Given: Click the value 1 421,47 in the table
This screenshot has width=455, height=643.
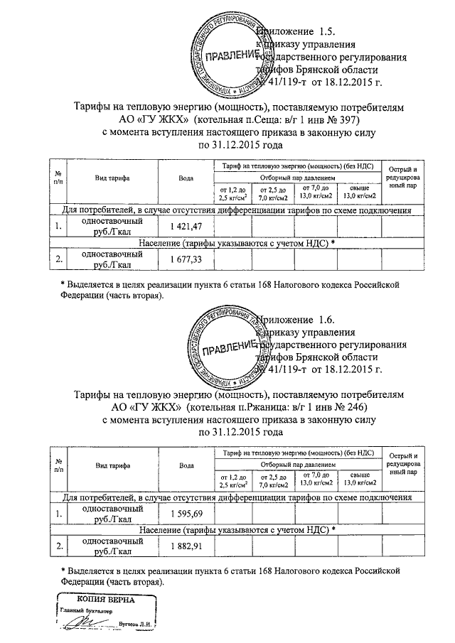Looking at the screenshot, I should [x=187, y=226].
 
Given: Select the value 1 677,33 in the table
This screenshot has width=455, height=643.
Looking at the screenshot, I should [x=187, y=260].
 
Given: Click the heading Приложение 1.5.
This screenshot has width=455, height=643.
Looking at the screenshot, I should [x=294, y=32].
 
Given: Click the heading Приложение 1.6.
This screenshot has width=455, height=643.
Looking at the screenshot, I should [x=294, y=319].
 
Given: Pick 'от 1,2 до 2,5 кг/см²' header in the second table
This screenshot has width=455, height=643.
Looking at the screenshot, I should [x=233, y=480].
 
